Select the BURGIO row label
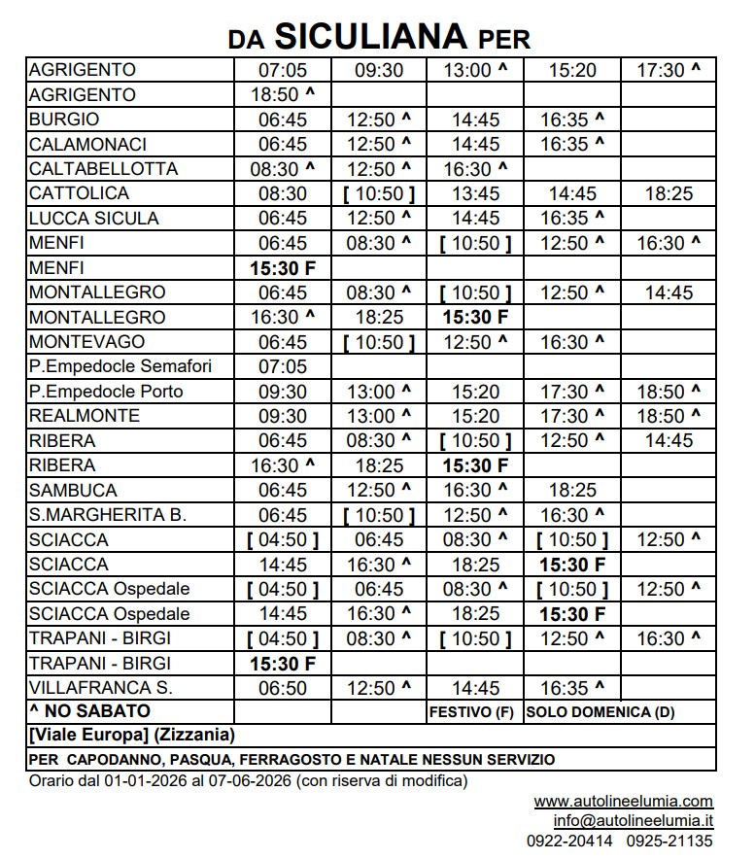pyautogui.click(x=65, y=120)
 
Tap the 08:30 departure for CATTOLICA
pyautogui.click(x=283, y=193)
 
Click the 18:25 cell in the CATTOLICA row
pyautogui.click(x=669, y=193)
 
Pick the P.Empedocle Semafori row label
pyautogui.click(x=120, y=366)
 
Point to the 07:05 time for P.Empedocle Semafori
pyautogui.click(x=283, y=366)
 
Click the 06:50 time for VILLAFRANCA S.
pyautogui.click(x=283, y=688)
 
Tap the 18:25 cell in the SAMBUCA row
pyautogui.click(x=572, y=490)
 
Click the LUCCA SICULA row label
pyautogui.click(x=94, y=219)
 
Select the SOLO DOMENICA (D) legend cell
pyautogui.click(x=601, y=712)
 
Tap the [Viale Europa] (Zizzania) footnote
pyautogui.click(x=131, y=736)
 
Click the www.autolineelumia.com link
pyautogui.click(x=623, y=802)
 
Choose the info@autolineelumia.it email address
pyautogui.click(x=634, y=821)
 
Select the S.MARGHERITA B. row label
pyautogui.click(x=108, y=515)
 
